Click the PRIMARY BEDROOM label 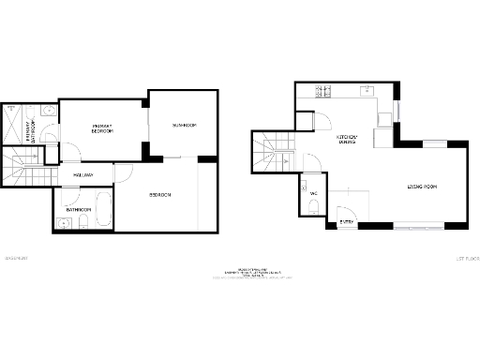(x=102, y=128)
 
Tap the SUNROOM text (x=183, y=125)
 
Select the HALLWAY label (x=82, y=175)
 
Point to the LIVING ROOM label (x=423, y=187)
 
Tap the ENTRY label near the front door (x=347, y=222)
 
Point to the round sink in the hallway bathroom (x=63, y=223)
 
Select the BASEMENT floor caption (x=16, y=258)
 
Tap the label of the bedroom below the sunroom (x=160, y=195)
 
